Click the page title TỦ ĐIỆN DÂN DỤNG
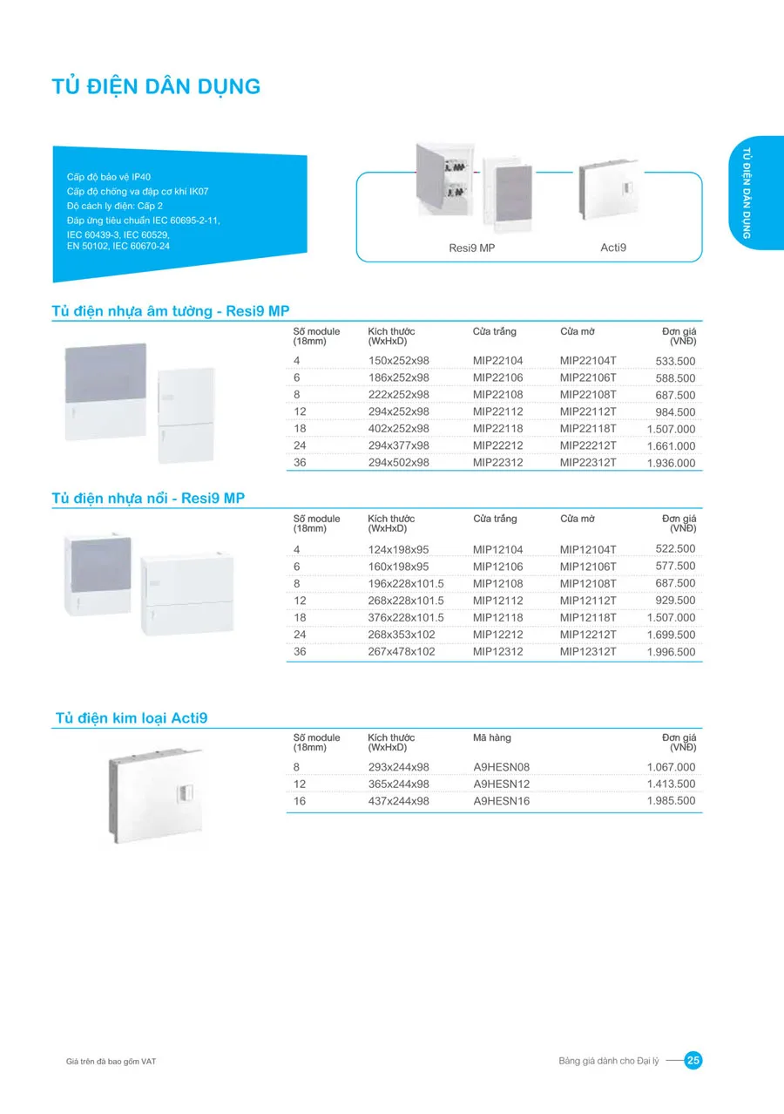click(157, 86)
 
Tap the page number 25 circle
click(693, 1060)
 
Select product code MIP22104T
click(588, 361)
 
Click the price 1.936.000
click(671, 463)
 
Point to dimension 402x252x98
click(399, 429)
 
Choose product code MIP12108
click(498, 583)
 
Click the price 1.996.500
click(671, 652)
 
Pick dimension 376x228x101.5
click(406, 618)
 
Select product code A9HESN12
click(502, 784)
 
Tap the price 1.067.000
click(671, 767)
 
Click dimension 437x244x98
click(399, 801)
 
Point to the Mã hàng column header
click(492, 738)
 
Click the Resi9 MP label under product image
click(471, 248)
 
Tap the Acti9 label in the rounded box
click(613, 248)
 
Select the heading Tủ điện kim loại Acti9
click(132, 718)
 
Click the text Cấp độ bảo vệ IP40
click(109, 177)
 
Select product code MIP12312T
click(588, 652)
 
